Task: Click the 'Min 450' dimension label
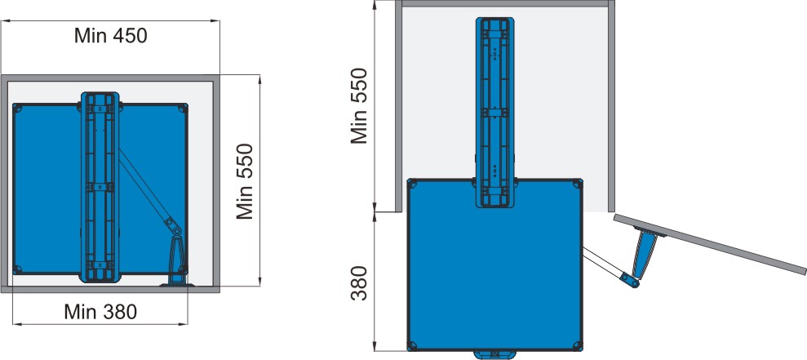[x=111, y=36]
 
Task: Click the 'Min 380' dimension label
[x=101, y=312]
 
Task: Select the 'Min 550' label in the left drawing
[x=246, y=181]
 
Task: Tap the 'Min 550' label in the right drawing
[x=359, y=105]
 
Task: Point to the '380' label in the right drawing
[x=359, y=282]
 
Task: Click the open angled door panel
[x=710, y=243]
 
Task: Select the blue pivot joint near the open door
[x=630, y=280]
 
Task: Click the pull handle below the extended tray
[x=494, y=354]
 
